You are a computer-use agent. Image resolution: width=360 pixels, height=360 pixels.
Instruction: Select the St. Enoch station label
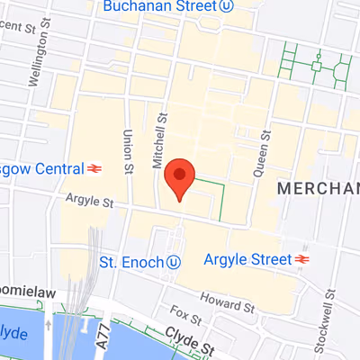[130, 261]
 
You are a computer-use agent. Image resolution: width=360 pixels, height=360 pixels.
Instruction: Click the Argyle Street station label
[245, 260]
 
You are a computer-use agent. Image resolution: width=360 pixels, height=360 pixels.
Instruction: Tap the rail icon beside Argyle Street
[301, 260]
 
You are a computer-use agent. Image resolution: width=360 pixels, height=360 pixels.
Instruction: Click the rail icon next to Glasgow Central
[94, 167]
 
